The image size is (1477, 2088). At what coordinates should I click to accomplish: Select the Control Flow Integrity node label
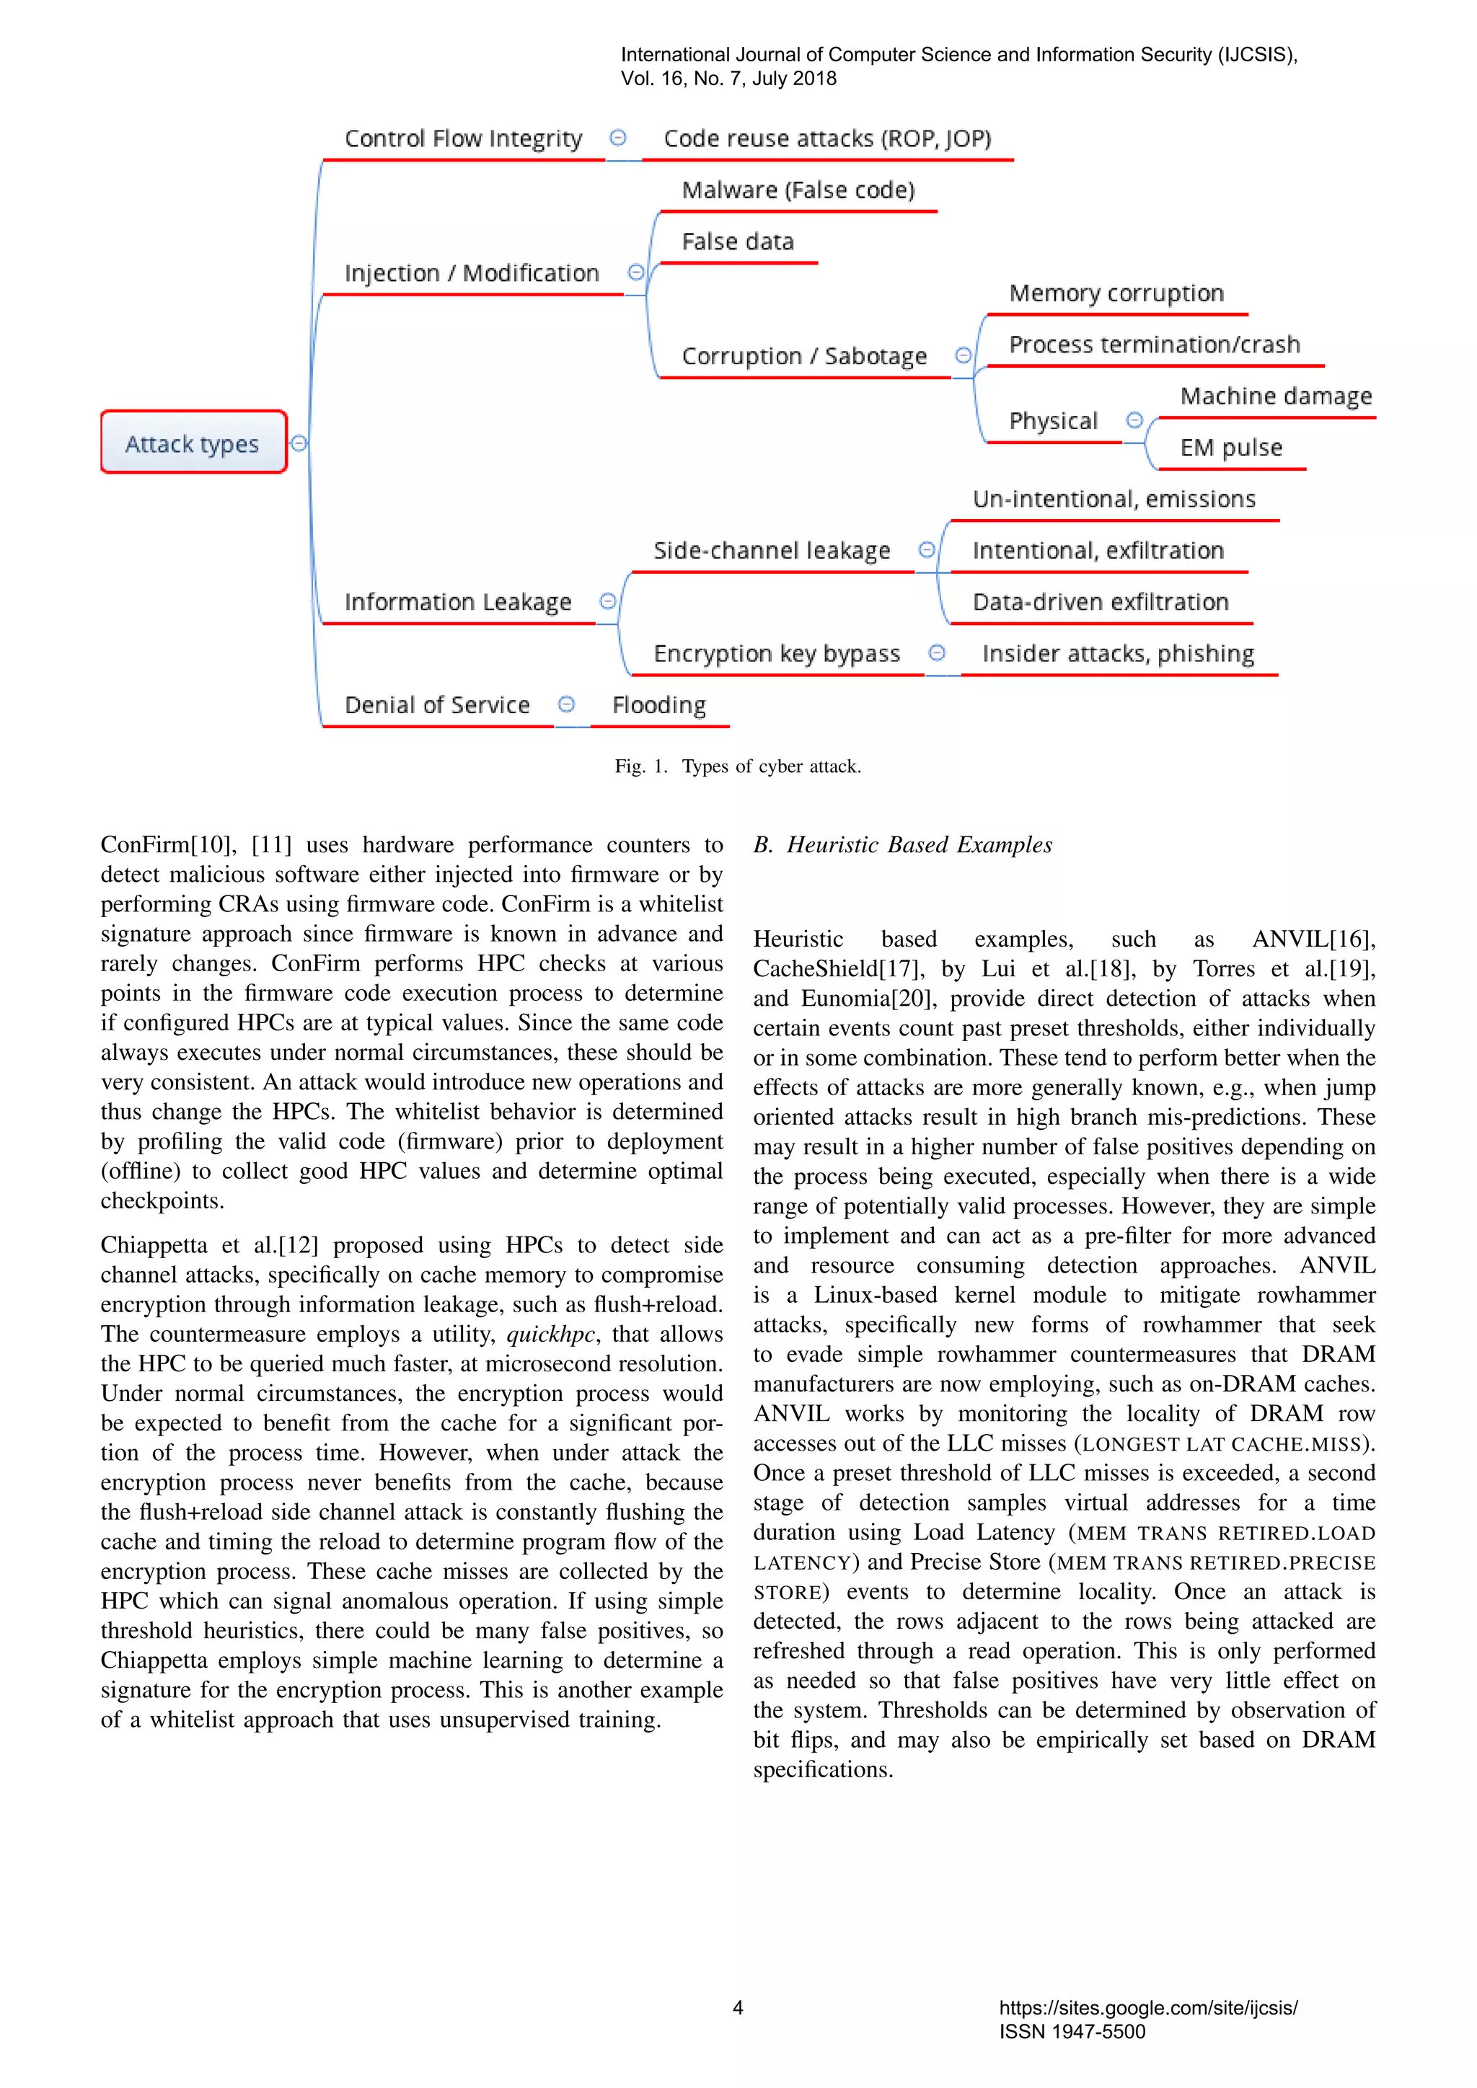(463, 138)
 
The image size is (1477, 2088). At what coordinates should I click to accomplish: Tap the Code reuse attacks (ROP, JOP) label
(826, 138)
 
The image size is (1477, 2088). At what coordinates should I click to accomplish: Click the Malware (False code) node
(798, 190)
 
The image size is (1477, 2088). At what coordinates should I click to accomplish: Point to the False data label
(738, 242)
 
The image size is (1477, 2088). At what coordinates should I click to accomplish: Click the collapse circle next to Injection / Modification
(635, 272)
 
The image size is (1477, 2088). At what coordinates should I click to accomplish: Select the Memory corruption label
(1116, 293)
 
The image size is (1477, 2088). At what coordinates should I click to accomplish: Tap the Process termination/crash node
(1154, 345)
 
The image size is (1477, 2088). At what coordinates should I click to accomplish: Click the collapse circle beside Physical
(1134, 420)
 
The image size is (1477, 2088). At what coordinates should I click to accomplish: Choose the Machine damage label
(1275, 397)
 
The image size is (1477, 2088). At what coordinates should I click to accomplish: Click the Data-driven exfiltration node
(1100, 602)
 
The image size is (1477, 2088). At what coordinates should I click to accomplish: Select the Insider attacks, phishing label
(1118, 654)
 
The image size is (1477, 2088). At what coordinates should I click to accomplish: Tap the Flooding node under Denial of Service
(658, 705)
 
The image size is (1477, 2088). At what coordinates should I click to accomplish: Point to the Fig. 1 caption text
(738, 766)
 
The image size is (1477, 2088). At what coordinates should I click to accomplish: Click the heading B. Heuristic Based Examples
(902, 845)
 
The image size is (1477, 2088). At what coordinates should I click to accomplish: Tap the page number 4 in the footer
(738, 2007)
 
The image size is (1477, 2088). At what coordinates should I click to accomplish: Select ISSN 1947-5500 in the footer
(1072, 2031)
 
